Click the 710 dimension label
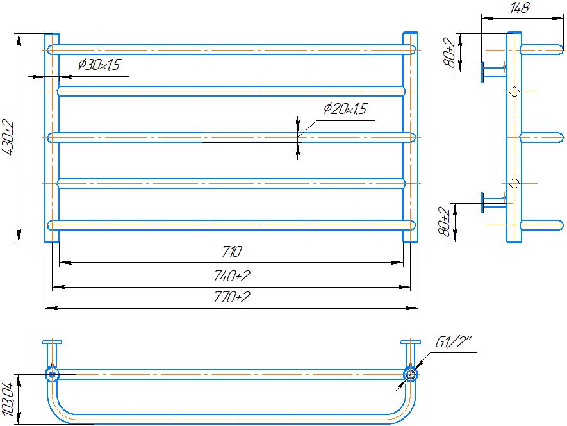point(231,251)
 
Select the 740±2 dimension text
point(231,276)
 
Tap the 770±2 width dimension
point(231,298)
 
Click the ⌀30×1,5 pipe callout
point(99,65)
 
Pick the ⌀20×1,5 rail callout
point(345,110)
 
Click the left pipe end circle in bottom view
point(51,373)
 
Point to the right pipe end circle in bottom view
point(409,373)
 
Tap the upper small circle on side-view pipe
point(514,92)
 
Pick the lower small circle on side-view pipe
point(514,184)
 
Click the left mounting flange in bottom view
point(51,343)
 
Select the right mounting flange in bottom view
point(409,343)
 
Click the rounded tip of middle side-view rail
point(559,138)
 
